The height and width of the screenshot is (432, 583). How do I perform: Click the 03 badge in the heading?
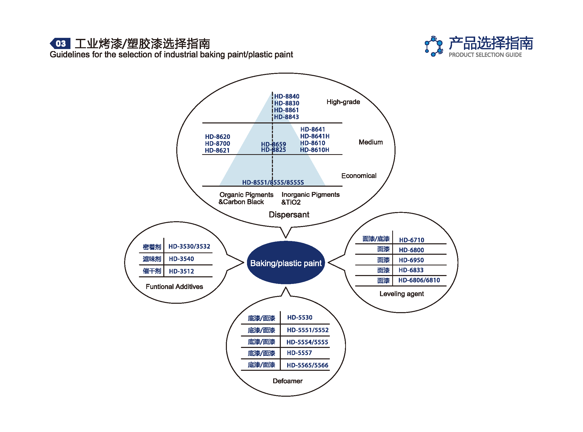tap(61, 43)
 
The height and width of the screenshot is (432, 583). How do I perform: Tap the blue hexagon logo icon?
tap(433, 46)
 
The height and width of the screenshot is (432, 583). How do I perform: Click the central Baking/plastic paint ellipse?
tap(286, 263)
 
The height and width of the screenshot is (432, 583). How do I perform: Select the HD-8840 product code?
tap(286, 97)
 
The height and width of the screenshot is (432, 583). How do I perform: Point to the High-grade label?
tap(343, 102)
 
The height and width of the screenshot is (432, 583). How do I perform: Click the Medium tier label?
tap(371, 142)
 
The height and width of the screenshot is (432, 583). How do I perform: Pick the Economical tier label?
tap(359, 176)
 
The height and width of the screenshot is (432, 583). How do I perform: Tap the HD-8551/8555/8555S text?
tap(273, 182)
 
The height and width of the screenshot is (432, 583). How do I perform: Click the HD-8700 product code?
tap(217, 143)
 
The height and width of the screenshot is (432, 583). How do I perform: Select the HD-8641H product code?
tap(315, 136)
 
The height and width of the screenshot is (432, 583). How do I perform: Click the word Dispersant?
tap(289, 215)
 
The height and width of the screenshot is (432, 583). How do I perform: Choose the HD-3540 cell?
tap(181, 259)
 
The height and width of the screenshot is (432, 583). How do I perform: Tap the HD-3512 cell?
tap(181, 271)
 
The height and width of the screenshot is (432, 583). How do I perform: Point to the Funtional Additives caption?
tap(174, 287)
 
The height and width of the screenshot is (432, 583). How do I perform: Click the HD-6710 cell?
tap(412, 240)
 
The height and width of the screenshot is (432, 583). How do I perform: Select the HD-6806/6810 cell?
tap(419, 280)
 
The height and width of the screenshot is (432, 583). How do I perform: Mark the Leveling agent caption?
tap(401, 294)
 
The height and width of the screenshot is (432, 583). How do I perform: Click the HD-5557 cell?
tap(299, 353)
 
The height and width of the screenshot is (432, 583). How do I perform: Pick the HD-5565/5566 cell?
tap(307, 365)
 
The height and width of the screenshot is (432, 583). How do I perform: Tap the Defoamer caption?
tap(288, 381)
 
